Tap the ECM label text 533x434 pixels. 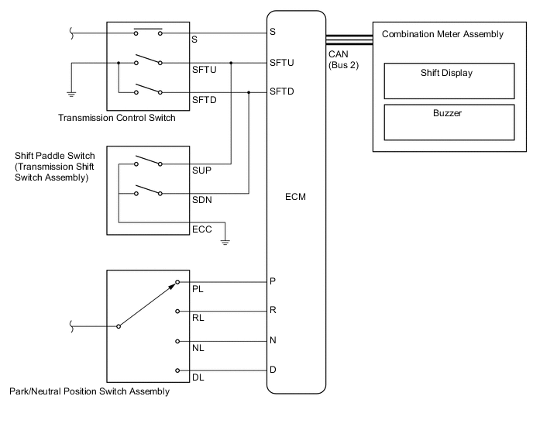pos(295,197)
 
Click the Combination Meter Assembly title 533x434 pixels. pos(442,34)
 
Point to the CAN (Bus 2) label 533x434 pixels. pos(344,60)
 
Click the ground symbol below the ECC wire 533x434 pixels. pos(225,243)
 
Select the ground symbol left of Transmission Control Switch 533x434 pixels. pos(71,95)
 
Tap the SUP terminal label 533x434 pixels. pos(201,170)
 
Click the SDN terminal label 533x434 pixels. pos(202,200)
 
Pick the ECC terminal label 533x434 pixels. pos(202,229)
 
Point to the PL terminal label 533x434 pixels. pos(198,289)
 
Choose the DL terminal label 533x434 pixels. pos(198,377)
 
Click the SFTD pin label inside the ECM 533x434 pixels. pos(282,91)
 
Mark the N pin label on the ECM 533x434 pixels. pos(273,340)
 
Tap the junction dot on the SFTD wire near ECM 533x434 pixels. pos(249,92)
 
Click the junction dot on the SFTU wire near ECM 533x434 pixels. pos(231,63)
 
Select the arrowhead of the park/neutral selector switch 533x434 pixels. pos(172,286)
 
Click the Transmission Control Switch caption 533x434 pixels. pos(117,118)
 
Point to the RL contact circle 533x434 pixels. pos(177,312)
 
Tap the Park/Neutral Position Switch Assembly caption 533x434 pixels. pos(89,391)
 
